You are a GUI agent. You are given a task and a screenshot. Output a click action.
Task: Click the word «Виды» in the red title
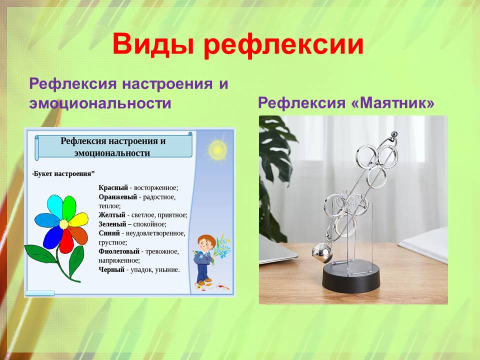tap(153, 44)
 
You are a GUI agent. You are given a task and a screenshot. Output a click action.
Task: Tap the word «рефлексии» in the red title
tap(283, 45)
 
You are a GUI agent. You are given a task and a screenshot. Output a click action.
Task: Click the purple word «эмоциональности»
tap(100, 103)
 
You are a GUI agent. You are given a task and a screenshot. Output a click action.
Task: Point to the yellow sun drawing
tap(217, 149)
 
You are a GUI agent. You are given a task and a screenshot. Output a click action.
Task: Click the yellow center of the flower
tap(63, 224)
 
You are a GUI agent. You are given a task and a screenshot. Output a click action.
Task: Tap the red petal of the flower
tap(66, 240)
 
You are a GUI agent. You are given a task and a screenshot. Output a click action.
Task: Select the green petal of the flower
tap(69, 207)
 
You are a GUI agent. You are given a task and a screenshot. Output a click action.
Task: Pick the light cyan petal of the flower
tap(55, 206)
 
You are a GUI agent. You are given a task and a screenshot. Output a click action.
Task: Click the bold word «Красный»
tap(113, 187)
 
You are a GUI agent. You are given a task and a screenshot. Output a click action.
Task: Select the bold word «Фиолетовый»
tap(119, 251)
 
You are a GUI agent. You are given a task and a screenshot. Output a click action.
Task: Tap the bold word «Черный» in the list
tap(111, 269)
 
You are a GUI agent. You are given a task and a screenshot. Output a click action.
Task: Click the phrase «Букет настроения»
tap(62, 174)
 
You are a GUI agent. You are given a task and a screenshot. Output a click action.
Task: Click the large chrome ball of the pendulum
tap(321, 253)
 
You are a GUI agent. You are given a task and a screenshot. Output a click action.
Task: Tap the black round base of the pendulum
tap(351, 277)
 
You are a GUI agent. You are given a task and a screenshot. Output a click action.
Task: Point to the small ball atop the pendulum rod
tap(395, 134)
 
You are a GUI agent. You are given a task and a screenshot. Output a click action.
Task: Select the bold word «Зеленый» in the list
tap(112, 224)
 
